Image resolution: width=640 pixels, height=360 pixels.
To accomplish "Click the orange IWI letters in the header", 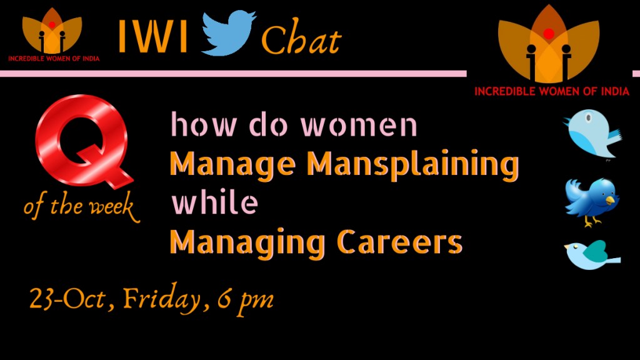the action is click(153, 36).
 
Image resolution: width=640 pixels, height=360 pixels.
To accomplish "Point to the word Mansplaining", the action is click(412, 165).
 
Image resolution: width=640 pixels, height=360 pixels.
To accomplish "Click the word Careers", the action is click(399, 242).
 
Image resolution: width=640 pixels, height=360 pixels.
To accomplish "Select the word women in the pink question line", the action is click(359, 126).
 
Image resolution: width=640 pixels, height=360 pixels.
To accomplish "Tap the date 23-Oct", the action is click(67, 299).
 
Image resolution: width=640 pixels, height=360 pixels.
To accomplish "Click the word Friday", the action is click(162, 300).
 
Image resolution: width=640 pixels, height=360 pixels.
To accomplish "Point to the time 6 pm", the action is click(245, 301).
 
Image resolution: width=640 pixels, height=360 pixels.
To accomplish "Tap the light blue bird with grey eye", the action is click(592, 133).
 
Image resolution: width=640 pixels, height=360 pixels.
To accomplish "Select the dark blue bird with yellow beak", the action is click(592, 201).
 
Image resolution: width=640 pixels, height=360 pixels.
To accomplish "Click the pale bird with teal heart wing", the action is click(592, 255).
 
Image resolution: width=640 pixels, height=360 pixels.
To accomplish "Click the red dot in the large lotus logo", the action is click(549, 34).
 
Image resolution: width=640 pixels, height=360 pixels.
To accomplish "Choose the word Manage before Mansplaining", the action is click(232, 165).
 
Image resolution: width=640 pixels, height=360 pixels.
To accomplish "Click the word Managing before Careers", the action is click(247, 244).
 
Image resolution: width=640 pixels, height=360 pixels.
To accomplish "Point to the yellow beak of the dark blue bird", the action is click(611, 200).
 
